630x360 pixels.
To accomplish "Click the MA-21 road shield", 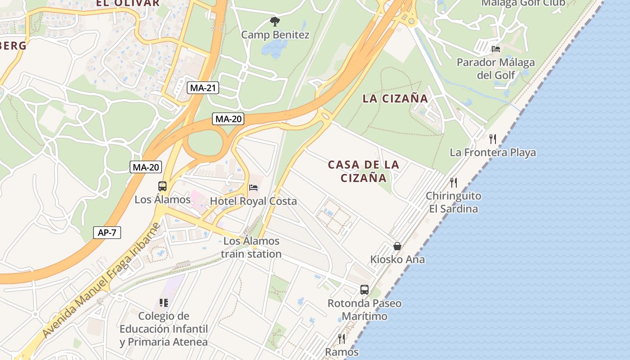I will point(203,88).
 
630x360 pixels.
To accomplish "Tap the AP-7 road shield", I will point(107,233).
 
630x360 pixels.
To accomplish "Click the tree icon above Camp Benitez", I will point(274,21).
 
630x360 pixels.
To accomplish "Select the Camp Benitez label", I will point(275,35).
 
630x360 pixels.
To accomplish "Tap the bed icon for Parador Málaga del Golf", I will point(496,49).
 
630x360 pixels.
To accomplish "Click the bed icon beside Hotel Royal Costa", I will point(254,187).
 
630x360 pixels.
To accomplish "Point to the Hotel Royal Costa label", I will point(253,201).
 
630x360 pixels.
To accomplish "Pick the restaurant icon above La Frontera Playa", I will point(493,139).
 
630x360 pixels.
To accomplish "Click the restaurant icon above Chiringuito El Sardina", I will point(454,182).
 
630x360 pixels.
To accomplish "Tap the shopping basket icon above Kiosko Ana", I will point(397,246).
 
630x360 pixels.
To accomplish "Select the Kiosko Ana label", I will point(397,260).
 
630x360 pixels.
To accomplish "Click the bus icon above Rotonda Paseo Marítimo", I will point(364,290).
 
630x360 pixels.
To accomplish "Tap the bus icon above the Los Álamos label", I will point(162,186).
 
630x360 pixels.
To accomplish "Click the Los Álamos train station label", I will point(251,247).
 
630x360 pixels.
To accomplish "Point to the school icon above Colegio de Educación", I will point(164,302).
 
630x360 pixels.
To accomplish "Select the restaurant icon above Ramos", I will point(342,338).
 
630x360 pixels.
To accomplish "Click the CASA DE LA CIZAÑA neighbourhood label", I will point(364,171).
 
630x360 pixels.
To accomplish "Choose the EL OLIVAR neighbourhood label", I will point(127,3).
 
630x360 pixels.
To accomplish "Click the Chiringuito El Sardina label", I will point(454,202).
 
